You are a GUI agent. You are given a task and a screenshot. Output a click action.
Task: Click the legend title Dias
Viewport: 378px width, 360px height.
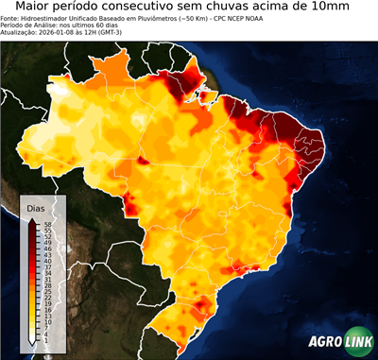point(36,208)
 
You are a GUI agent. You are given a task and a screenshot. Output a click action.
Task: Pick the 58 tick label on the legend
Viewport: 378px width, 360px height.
point(46,225)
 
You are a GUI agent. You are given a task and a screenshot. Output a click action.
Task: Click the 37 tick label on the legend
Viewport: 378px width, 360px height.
point(46,267)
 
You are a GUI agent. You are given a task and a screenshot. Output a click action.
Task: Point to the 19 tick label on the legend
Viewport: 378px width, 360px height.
point(46,303)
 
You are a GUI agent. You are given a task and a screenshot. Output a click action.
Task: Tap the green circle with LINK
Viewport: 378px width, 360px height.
point(357,342)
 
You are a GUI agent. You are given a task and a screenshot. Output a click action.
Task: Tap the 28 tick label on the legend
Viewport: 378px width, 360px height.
point(46,285)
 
